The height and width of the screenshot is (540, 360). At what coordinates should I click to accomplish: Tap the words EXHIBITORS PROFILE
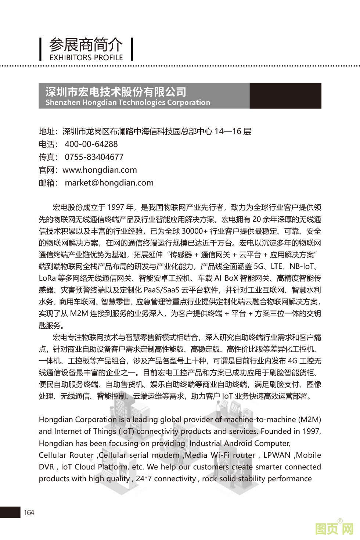tap(86, 58)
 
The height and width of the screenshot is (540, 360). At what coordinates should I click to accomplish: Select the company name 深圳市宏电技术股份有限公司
tap(116, 91)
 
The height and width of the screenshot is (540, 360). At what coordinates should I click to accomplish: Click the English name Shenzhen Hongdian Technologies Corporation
tap(127, 102)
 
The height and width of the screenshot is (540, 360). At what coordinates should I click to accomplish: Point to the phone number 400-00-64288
tap(91, 144)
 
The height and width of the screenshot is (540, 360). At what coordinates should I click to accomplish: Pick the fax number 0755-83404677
tap(94, 157)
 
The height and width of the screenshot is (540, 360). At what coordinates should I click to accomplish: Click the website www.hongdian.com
tap(100, 170)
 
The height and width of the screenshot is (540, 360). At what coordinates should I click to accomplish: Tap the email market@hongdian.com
tap(109, 183)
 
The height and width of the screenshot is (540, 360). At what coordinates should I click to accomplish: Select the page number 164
tap(29, 512)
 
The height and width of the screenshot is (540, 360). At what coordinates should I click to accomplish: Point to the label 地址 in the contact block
tap(47, 132)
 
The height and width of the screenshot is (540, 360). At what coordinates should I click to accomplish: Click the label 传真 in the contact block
tap(47, 157)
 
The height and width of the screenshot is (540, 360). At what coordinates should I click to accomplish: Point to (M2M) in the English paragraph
tap(309, 419)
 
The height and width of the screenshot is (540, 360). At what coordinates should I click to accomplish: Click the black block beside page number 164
tap(10, 512)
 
